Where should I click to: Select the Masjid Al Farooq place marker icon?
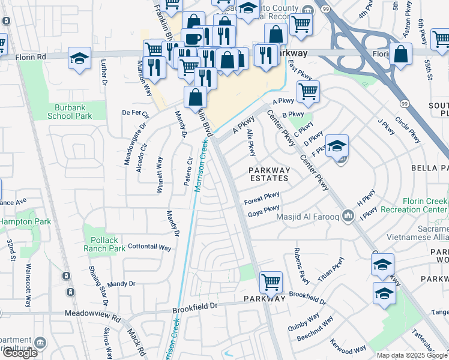coord(349,215)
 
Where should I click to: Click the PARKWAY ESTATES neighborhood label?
coord(270,174)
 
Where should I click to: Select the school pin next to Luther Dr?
coord(79,58)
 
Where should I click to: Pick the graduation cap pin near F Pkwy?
coord(337,145)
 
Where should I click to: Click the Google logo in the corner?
coord(20,353)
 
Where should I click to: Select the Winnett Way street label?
coord(160,174)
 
